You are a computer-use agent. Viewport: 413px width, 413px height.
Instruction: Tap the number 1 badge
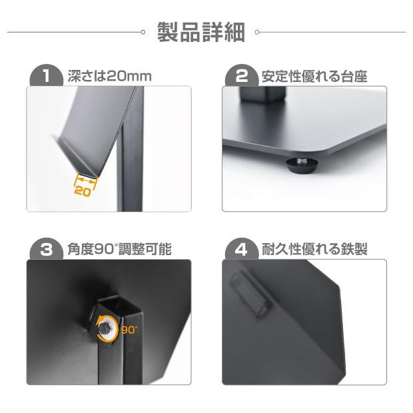point(45,75)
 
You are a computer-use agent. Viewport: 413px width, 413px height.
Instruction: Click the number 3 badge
point(45,250)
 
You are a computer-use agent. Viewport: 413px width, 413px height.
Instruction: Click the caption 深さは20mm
point(110,76)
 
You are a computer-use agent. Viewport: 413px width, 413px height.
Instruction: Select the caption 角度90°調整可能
point(119,250)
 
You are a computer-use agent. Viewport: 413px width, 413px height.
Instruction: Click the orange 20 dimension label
point(83,191)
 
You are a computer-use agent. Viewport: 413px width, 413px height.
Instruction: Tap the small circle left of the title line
point(143,31)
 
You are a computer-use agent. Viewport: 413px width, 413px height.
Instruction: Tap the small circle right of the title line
point(257,31)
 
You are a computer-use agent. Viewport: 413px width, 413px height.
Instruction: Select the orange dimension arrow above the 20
point(85,179)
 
